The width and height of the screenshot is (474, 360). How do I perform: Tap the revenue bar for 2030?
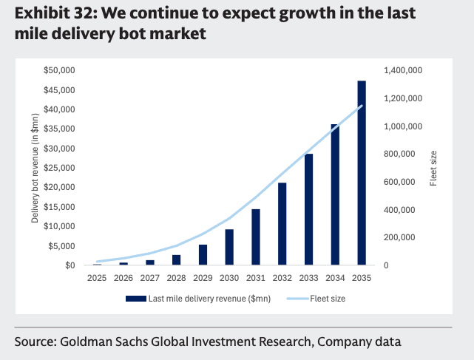(x=229, y=247)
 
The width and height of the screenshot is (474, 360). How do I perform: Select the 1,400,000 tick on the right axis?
(x=404, y=70)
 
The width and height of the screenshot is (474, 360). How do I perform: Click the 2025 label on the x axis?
(x=97, y=278)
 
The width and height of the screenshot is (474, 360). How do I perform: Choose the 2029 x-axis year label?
(x=203, y=278)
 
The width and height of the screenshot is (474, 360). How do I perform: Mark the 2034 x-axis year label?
(x=335, y=278)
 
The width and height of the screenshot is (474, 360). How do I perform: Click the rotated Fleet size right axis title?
(x=433, y=167)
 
